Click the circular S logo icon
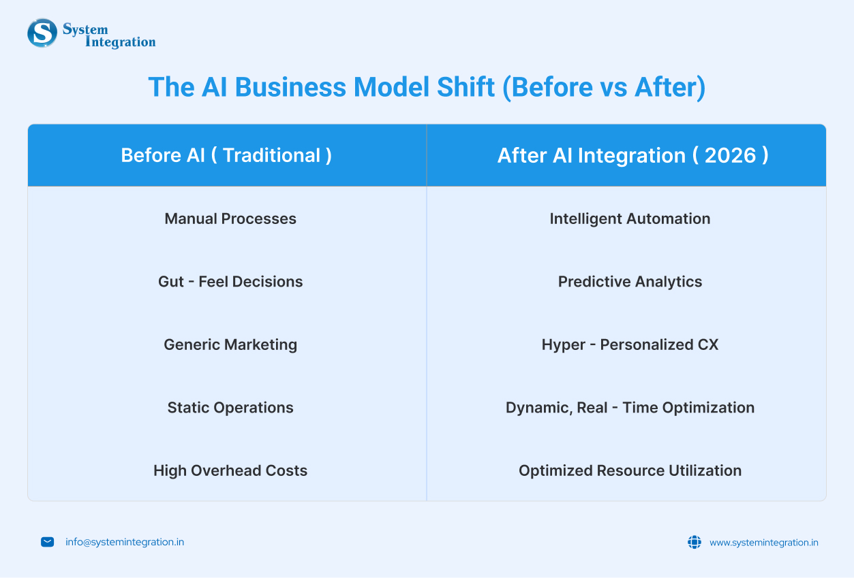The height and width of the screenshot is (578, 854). click(x=42, y=33)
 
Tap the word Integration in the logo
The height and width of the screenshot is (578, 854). click(x=121, y=42)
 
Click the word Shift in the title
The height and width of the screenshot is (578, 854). click(x=466, y=87)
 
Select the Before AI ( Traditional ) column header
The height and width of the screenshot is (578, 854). click(x=226, y=155)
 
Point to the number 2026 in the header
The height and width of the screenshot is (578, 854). click(x=730, y=155)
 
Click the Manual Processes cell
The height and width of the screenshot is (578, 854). click(x=230, y=219)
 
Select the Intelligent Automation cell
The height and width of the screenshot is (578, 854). click(x=630, y=219)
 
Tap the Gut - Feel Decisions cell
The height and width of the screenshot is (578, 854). click(x=230, y=282)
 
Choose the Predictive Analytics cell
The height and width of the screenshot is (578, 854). click(x=630, y=282)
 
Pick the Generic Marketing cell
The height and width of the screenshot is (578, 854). click(x=230, y=345)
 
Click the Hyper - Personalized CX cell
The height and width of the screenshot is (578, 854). click(x=630, y=345)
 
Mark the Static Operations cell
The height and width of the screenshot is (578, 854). click(x=230, y=408)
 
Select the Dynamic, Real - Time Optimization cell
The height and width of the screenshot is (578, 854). click(x=630, y=408)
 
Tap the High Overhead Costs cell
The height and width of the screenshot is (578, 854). click(x=230, y=470)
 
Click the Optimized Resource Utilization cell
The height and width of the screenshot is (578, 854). click(x=630, y=470)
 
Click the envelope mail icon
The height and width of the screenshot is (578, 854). click(x=47, y=542)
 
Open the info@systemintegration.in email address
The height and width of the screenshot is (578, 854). click(x=125, y=542)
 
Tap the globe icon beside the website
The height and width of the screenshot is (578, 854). click(x=695, y=542)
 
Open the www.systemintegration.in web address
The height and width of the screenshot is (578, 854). click(x=763, y=543)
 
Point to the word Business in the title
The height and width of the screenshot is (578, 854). click(x=290, y=87)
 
